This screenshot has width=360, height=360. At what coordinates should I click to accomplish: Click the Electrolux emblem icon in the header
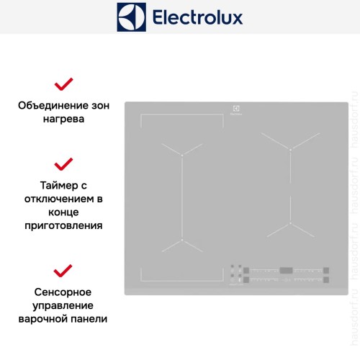point(132,17)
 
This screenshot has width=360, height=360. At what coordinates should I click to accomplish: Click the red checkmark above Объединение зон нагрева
point(64,84)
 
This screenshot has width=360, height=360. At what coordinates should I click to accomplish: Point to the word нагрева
point(63,119)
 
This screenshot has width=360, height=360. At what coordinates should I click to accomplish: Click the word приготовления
point(63,225)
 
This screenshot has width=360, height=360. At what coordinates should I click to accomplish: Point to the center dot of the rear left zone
point(183,154)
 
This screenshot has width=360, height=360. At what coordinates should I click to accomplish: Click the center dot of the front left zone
point(183,240)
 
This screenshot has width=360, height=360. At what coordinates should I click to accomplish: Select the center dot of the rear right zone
point(290,149)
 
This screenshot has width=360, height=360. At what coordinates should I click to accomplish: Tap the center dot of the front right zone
point(290,224)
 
